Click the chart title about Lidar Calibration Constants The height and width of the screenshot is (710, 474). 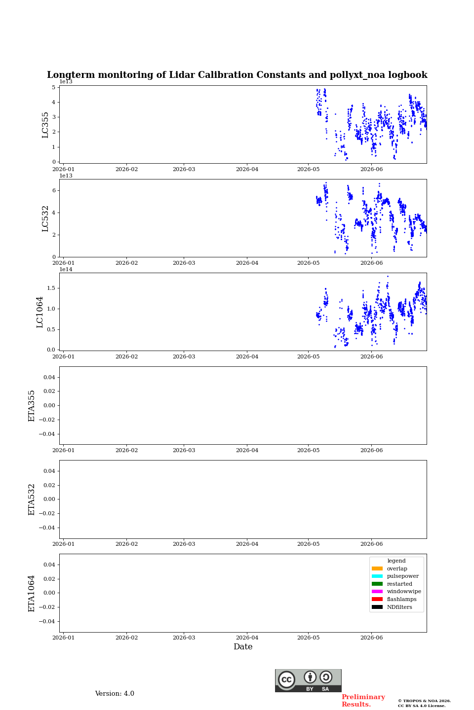[x=237, y=75]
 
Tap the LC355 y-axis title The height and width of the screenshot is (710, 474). [x=45, y=125]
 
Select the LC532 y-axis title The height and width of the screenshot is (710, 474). [x=45, y=218]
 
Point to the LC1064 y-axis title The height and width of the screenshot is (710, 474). [x=39, y=312]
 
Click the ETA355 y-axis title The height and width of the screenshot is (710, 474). [x=31, y=406]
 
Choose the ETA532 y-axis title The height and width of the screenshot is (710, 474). [x=31, y=499]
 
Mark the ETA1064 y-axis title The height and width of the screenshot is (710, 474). [x=31, y=593]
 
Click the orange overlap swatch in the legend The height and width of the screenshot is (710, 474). [x=377, y=568]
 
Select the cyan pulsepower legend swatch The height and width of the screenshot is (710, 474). [x=377, y=576]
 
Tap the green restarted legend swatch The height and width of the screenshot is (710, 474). [x=377, y=584]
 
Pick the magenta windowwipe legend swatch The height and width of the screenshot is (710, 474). [x=377, y=592]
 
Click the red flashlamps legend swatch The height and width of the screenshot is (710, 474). [x=377, y=600]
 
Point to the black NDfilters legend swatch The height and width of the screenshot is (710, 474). [x=377, y=607]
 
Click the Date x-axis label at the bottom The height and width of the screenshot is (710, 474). [x=243, y=646]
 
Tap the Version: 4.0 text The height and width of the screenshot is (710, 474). [x=115, y=694]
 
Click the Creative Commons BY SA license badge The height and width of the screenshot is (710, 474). [x=308, y=680]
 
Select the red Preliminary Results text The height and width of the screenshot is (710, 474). [x=363, y=701]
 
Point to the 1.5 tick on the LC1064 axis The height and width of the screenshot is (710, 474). [x=51, y=288]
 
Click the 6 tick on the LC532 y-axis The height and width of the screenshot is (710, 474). [x=54, y=190]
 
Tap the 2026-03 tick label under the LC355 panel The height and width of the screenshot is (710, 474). [x=184, y=169]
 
